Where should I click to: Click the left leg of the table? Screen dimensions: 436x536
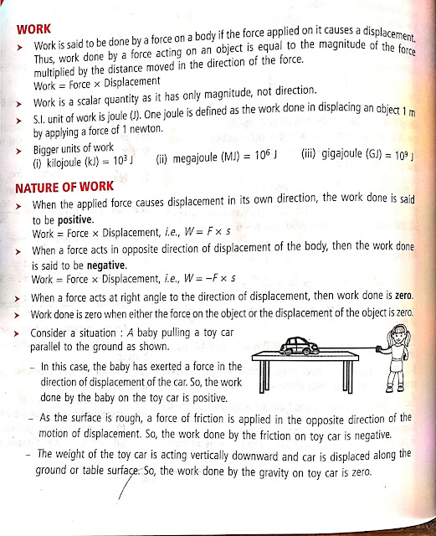[x=254, y=377]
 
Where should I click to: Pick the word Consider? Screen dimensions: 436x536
[x=56, y=333]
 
